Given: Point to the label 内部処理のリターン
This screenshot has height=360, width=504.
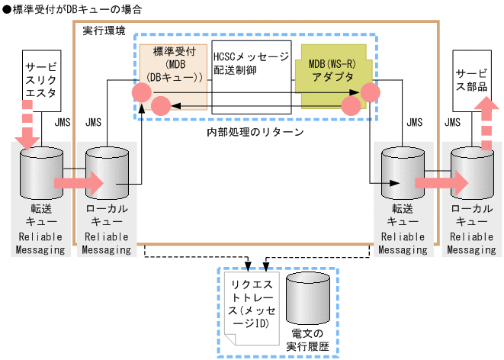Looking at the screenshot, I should (255, 132).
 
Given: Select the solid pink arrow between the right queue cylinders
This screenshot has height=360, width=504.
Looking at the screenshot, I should (440, 183).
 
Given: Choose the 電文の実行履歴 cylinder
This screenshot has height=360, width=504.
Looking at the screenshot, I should (308, 297).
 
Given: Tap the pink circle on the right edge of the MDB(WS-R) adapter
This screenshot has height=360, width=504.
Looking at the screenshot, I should (371, 93).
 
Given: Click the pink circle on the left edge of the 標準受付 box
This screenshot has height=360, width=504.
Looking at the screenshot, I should (140, 93).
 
